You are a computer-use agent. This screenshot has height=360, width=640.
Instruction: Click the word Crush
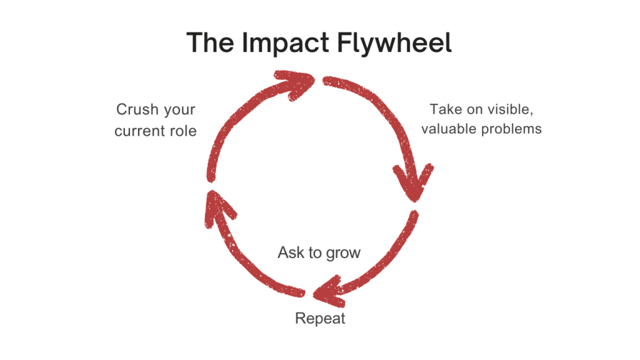137,110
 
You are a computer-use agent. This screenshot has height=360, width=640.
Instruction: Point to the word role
181,131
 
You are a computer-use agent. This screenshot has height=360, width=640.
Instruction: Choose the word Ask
291,252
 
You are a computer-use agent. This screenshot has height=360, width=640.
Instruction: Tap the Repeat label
320,318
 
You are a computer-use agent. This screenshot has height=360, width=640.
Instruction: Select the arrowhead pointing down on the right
413,181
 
